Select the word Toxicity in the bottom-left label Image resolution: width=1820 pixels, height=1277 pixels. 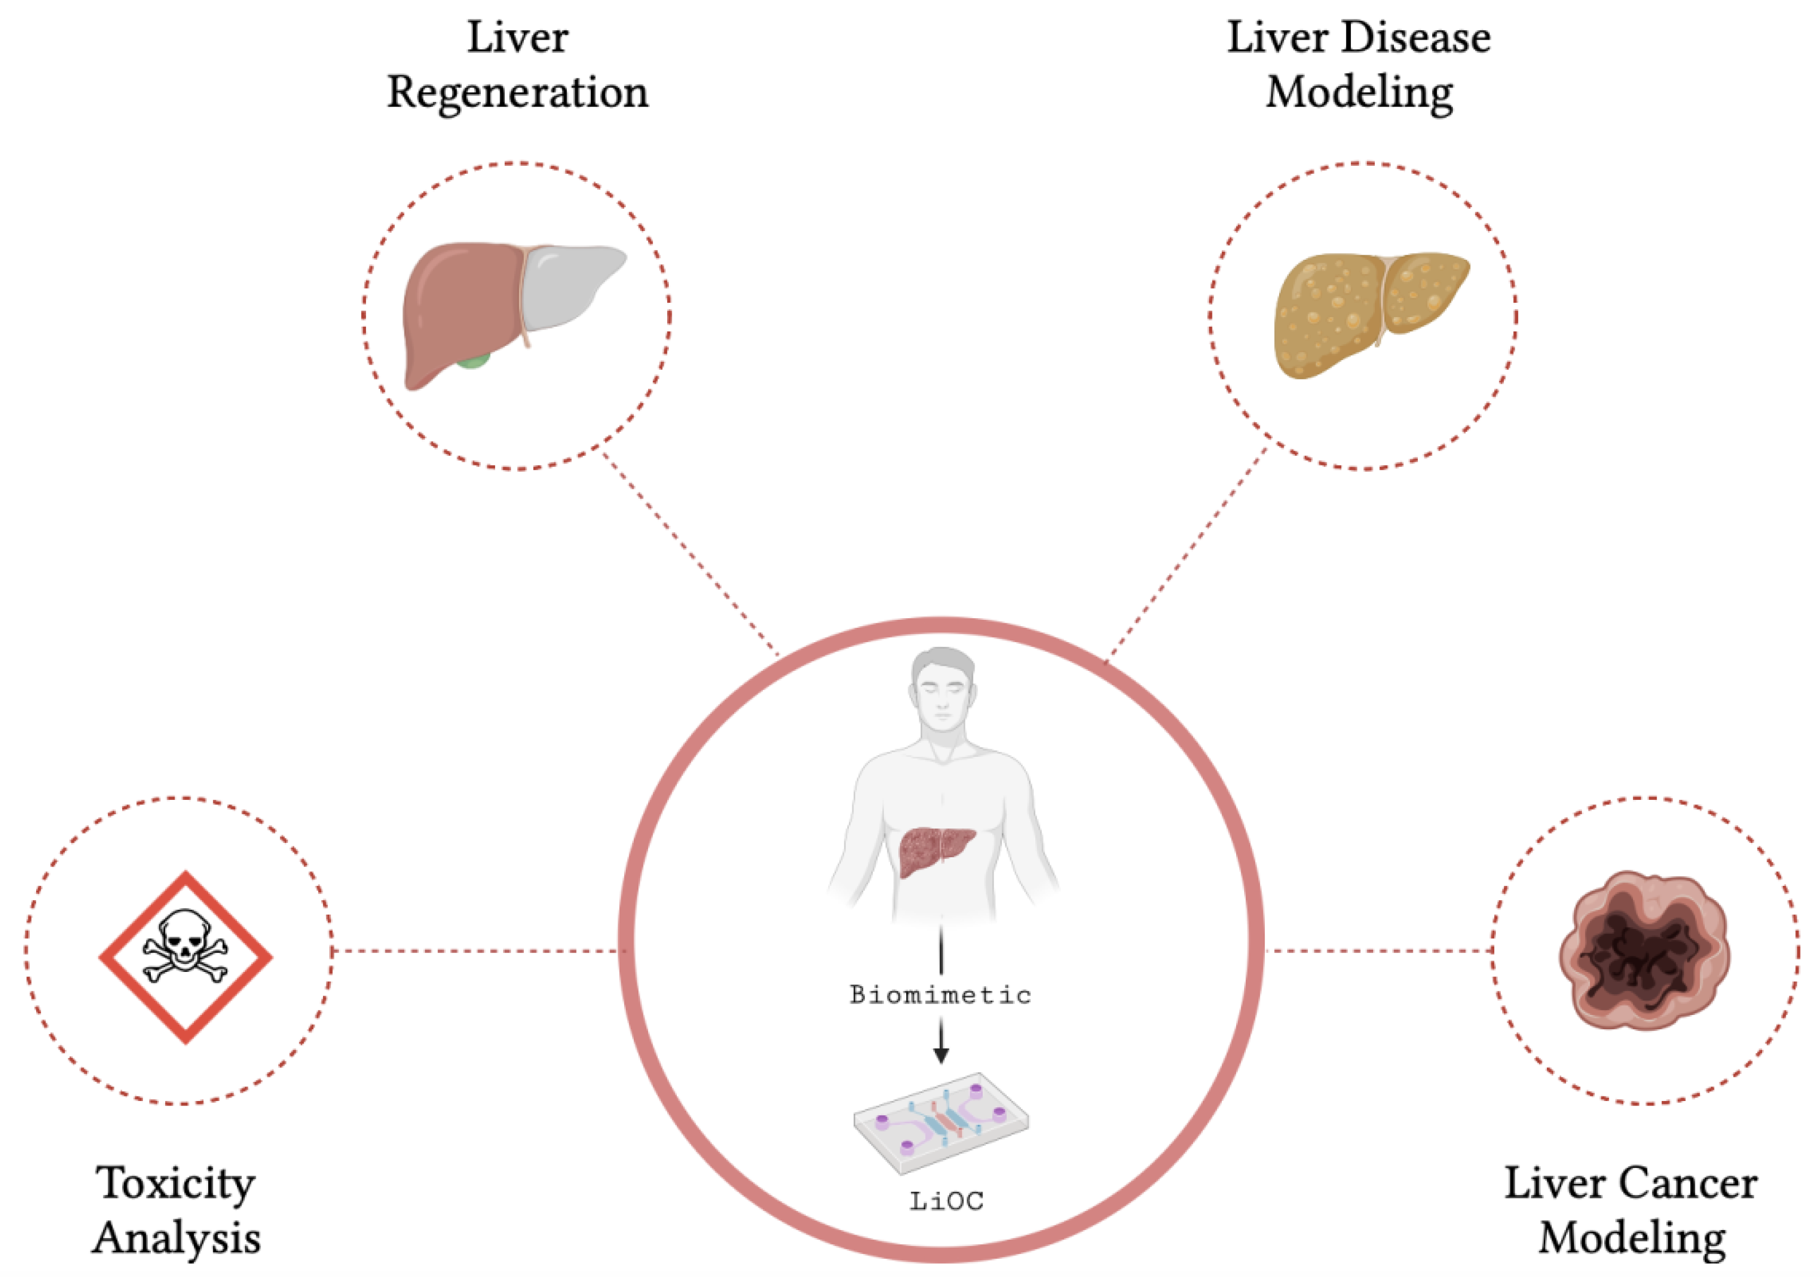[x=176, y=1184]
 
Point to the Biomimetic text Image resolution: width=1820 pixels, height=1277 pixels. [x=940, y=995]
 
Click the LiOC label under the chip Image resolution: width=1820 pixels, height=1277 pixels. [x=946, y=1201]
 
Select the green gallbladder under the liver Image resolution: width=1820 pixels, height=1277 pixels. [x=474, y=362]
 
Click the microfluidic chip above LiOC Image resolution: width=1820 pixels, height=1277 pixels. [x=941, y=1122]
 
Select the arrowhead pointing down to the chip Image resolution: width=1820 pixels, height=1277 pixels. [x=941, y=1055]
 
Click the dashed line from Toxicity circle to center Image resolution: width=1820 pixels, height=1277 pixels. [x=476, y=950]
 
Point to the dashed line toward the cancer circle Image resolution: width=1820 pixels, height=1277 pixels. [x=1379, y=950]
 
